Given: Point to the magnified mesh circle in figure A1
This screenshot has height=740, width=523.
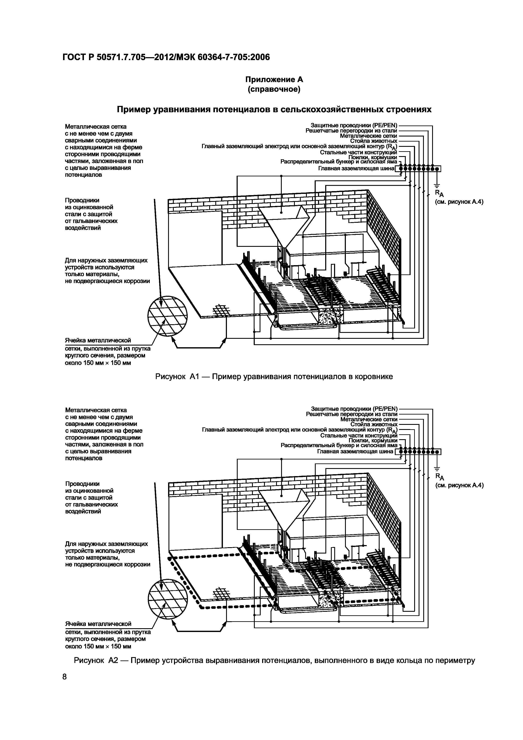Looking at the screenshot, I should coord(167,316).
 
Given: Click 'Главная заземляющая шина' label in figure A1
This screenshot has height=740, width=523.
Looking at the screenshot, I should coord(356,169).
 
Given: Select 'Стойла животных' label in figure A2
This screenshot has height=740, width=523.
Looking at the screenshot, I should coord(374,424).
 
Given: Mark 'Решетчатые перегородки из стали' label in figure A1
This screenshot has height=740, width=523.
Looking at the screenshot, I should coord(351,131).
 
